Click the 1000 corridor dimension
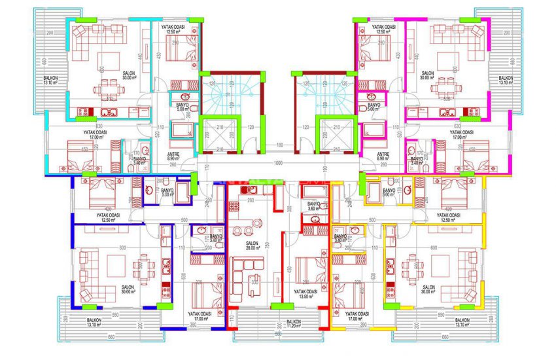pyautogui.click(x=278, y=163)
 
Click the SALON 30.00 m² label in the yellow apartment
pyautogui.click(x=428, y=290)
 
